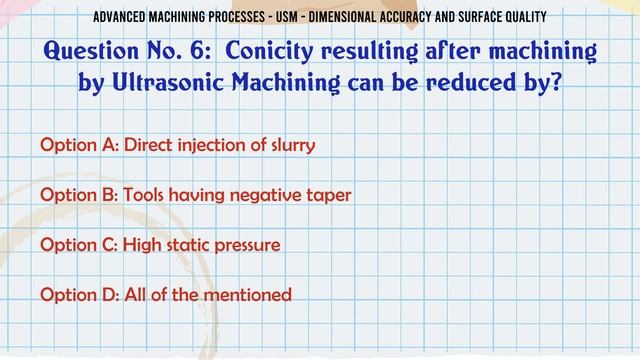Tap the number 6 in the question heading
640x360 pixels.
[195, 51]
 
